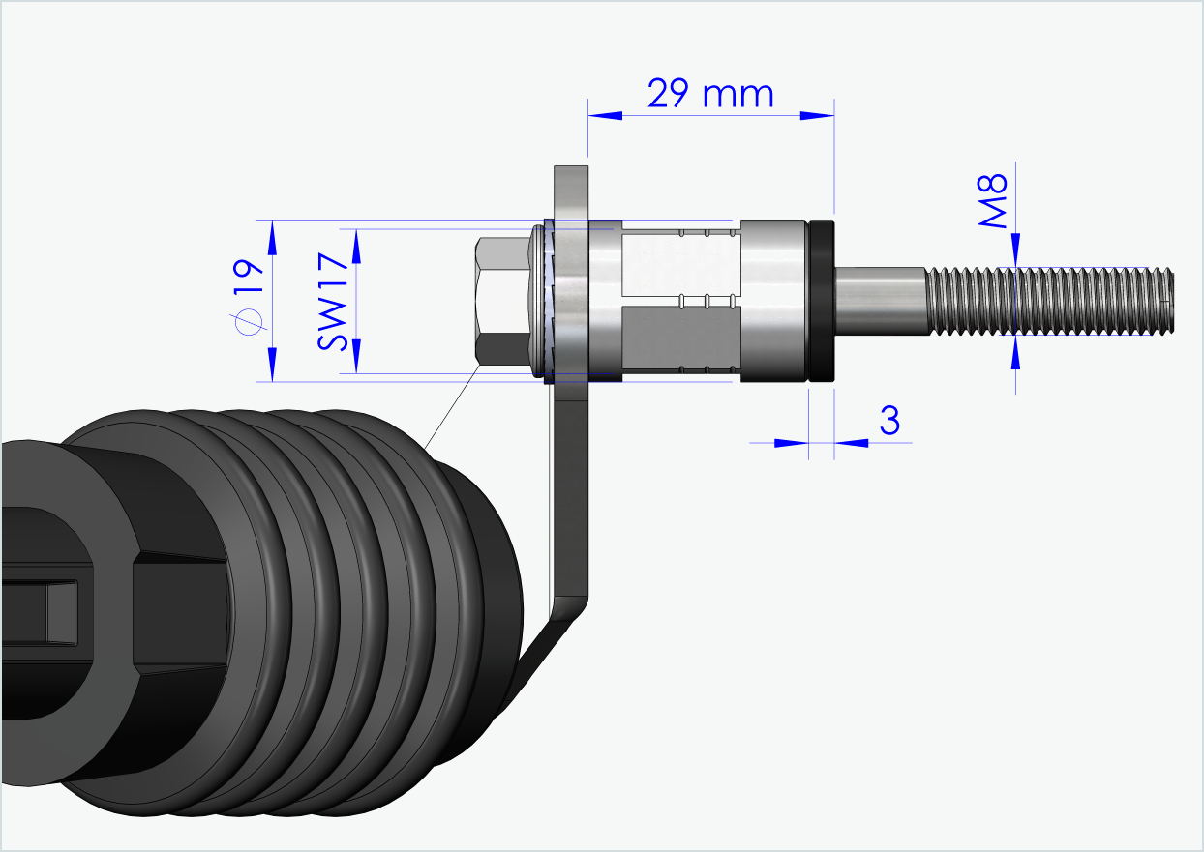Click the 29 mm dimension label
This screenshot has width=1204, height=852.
pos(710,94)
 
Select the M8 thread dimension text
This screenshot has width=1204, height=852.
pos(994,201)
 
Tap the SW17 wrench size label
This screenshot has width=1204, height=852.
pos(332,301)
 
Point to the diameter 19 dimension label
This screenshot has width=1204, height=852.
pos(249,301)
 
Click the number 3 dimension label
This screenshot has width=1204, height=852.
pos(889,422)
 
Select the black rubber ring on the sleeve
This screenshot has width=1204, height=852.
pos(822,302)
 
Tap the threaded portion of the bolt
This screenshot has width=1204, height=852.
pos(1050,302)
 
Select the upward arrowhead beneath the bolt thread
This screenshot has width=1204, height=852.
pos(1015,354)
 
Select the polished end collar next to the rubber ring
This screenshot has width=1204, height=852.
pos(773,302)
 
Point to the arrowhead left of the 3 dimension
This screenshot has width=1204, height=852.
pos(791,443)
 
